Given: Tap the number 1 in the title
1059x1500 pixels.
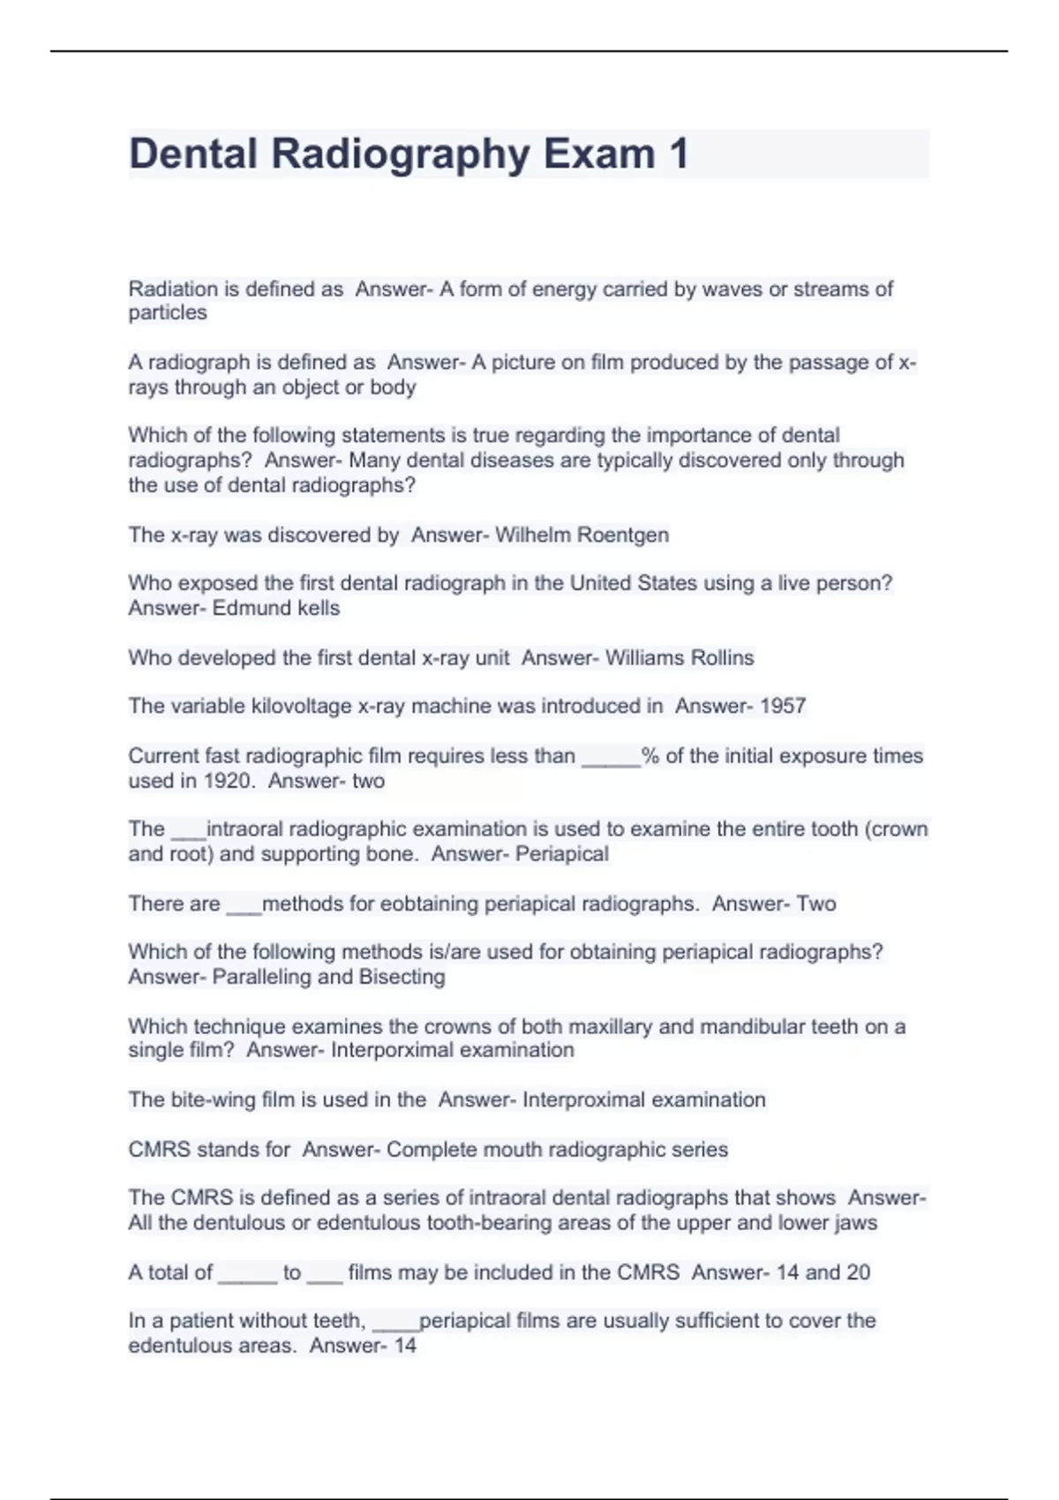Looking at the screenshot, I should click(x=679, y=154).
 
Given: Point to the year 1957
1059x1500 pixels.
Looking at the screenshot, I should click(x=783, y=706).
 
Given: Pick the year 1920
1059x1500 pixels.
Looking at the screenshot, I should click(x=228, y=781).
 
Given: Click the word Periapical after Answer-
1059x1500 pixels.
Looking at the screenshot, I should click(x=562, y=854).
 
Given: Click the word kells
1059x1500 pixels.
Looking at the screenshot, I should click(x=319, y=608).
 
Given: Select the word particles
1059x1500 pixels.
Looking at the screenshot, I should click(x=168, y=313).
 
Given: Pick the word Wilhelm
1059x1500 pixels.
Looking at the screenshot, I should click(x=533, y=535).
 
